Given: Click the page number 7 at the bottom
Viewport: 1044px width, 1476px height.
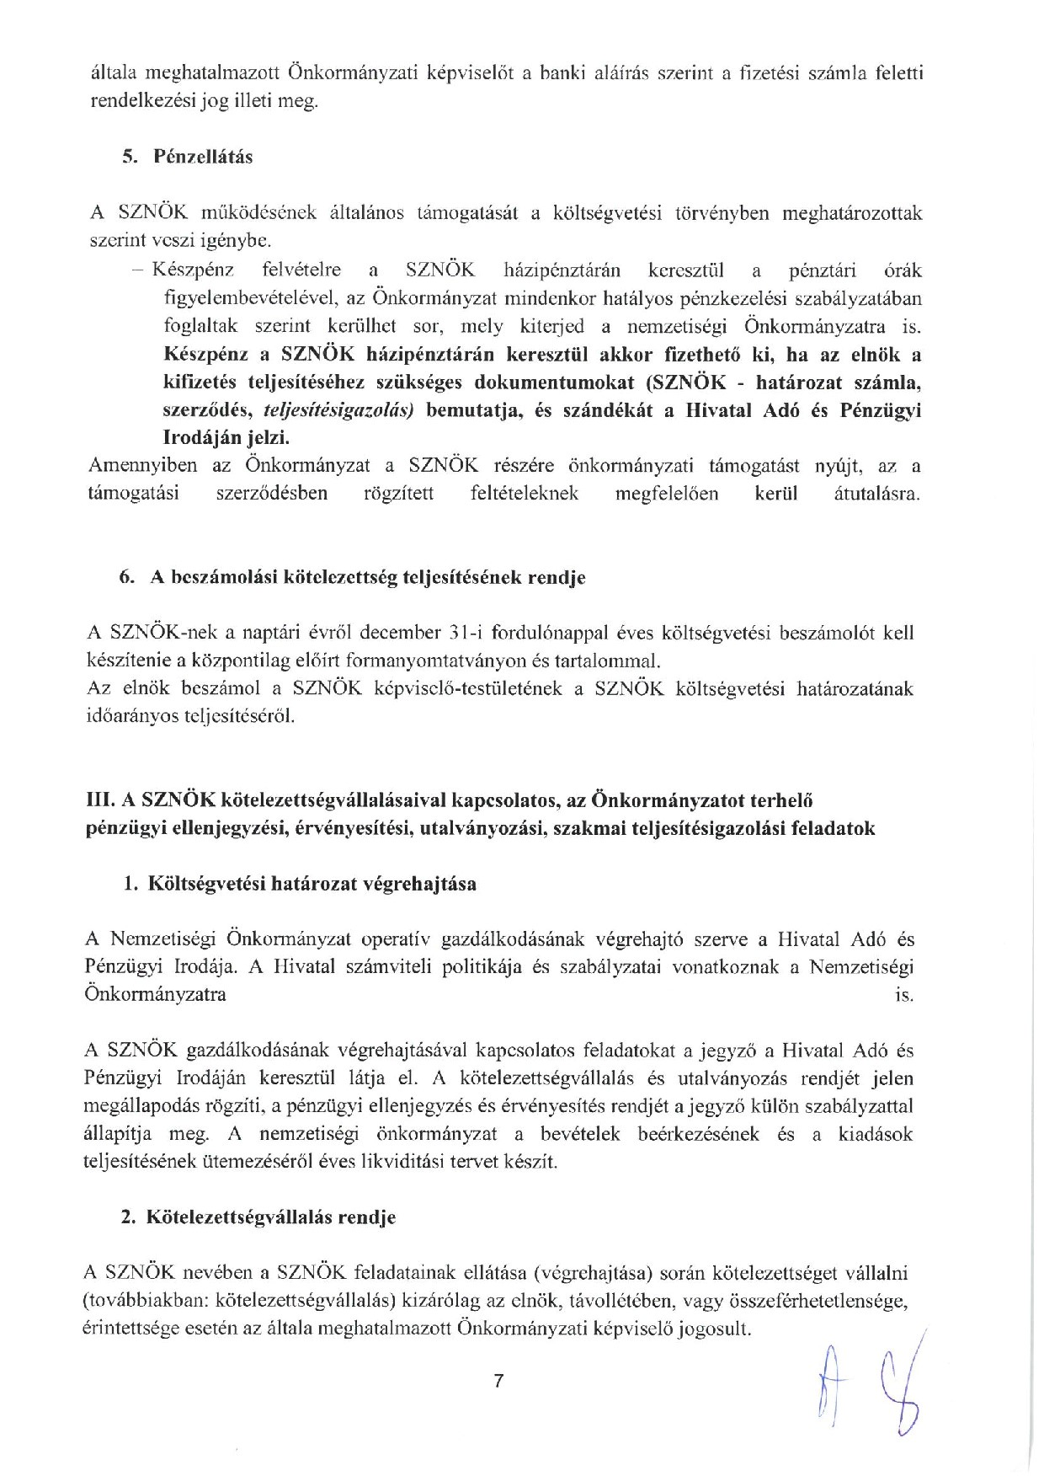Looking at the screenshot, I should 498,1381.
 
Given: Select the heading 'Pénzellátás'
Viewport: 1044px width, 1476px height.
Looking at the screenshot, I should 202,157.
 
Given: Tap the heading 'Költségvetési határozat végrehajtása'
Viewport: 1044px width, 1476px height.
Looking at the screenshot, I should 312,884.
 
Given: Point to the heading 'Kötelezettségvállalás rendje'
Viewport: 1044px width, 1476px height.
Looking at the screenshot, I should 271,1217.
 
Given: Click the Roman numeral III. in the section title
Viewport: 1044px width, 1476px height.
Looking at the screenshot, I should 101,799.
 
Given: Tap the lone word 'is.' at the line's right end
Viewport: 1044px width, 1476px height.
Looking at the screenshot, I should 904,995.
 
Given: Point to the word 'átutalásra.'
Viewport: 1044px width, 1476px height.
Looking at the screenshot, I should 875,494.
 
